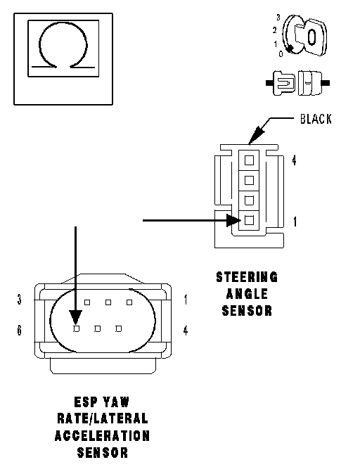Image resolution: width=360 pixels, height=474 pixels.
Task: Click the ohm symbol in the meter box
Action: (63, 26)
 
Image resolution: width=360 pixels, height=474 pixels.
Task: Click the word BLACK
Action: (316, 119)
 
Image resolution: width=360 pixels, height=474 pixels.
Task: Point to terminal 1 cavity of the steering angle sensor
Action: (249, 219)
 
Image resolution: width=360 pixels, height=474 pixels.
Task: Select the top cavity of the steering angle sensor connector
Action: (249, 160)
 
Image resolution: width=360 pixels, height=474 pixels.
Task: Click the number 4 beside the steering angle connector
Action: (294, 160)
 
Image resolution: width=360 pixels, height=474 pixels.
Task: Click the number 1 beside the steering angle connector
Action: (295, 222)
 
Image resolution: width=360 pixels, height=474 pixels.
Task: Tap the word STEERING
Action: (247, 277)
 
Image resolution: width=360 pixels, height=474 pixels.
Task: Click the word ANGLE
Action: (247, 293)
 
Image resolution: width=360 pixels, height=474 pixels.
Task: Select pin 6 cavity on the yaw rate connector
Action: (77, 328)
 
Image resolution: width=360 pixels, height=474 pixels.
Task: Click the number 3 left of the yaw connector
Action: (20, 300)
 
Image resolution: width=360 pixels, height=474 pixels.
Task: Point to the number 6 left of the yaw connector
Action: (20, 330)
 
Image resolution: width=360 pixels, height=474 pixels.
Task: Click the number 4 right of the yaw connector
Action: (186, 330)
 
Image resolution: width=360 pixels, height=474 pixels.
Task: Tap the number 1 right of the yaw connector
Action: (186, 300)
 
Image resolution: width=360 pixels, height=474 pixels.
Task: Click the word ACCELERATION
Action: (102, 435)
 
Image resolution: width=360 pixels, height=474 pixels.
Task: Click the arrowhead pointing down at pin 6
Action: (75, 318)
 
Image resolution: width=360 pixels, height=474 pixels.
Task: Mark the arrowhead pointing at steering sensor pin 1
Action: (233, 220)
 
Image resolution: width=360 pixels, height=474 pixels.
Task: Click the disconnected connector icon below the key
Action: (297, 83)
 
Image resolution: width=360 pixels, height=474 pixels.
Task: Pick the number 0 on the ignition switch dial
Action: (281, 54)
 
